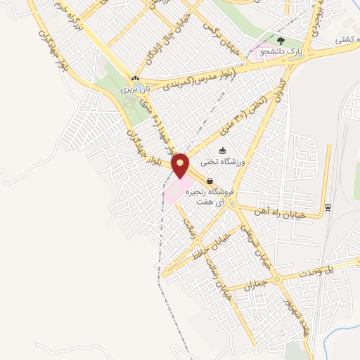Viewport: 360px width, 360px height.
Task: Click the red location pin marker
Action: tap(181, 165)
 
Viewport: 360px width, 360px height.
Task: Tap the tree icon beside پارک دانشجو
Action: tap(282, 41)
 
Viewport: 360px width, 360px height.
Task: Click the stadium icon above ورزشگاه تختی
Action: tap(223, 150)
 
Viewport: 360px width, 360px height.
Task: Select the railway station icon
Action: tap(328, 207)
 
